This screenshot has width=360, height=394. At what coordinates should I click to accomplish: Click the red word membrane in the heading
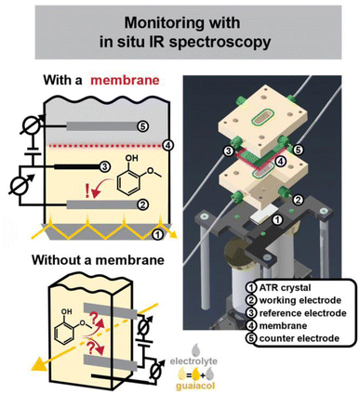(x=125, y=81)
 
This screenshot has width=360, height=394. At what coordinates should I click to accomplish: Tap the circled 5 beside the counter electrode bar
(x=144, y=126)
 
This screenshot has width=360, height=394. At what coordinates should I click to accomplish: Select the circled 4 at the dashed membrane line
(x=167, y=145)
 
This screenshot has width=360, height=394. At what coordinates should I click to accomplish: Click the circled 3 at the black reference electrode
(x=105, y=167)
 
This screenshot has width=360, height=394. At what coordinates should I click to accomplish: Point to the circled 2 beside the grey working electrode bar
(x=143, y=204)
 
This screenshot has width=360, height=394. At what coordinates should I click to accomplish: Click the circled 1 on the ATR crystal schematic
(x=157, y=235)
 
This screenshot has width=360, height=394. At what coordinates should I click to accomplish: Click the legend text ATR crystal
(x=285, y=288)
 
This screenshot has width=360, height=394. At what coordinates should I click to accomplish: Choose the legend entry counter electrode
(x=300, y=338)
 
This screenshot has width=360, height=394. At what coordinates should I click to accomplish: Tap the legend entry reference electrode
(x=302, y=313)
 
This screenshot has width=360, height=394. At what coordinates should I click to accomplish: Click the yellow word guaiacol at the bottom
(x=195, y=386)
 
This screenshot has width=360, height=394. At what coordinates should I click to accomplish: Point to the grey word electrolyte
(x=193, y=361)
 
